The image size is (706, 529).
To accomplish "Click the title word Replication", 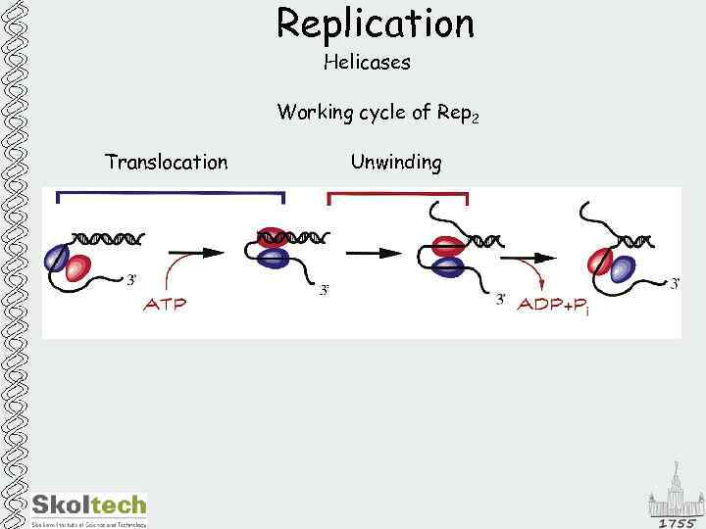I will [375, 24].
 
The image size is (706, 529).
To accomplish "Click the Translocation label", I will [166, 163].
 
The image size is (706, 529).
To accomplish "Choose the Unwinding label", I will [396, 163].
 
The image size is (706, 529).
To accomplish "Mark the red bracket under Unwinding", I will [397, 195].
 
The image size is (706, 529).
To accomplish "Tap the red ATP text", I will [165, 304].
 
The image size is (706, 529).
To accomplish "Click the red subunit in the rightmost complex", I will [598, 262].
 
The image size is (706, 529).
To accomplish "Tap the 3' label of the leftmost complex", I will [131, 280].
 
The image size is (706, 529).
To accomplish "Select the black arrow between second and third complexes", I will [375, 253].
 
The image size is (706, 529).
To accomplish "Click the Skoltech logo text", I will [89, 505].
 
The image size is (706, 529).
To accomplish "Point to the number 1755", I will [677, 522].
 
